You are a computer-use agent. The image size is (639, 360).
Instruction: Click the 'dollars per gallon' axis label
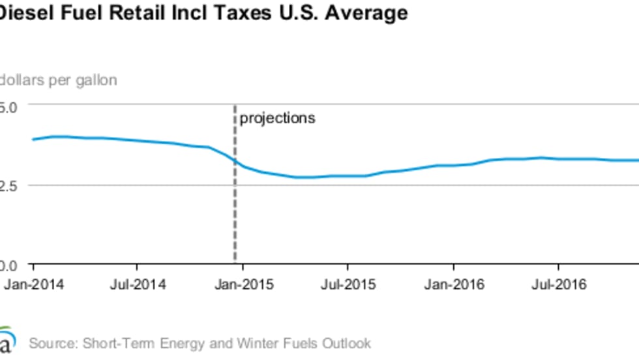click(59, 80)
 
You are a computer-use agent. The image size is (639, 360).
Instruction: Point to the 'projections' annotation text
click(277, 119)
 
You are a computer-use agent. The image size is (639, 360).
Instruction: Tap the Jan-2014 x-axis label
click(34, 285)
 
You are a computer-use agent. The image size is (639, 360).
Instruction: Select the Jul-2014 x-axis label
click(138, 285)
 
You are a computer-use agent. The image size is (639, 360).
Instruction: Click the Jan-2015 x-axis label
click(244, 285)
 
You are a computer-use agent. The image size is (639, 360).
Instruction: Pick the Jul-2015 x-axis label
click(348, 285)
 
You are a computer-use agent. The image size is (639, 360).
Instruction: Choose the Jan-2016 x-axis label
click(454, 285)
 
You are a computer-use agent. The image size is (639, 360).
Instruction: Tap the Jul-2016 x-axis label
click(558, 285)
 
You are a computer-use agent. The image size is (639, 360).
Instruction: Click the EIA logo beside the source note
click(7, 341)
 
